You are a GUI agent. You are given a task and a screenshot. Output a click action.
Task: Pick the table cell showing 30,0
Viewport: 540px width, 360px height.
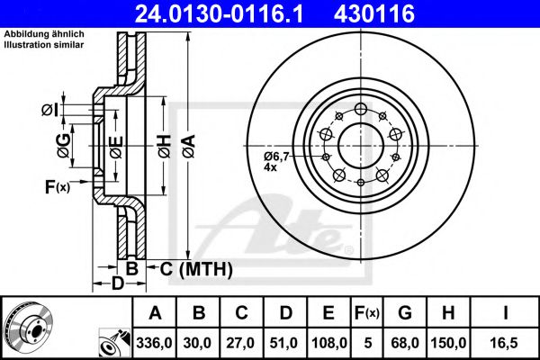200,343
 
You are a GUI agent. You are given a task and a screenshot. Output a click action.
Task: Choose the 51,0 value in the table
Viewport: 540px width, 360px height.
286,343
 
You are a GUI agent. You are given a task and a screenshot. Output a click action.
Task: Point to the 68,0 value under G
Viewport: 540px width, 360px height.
405,343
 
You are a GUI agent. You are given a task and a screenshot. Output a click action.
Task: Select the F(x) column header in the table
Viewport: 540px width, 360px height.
367,313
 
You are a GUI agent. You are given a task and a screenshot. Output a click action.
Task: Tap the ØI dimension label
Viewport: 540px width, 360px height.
49,110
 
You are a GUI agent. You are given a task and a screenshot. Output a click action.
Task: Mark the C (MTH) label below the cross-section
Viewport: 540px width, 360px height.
191,268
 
